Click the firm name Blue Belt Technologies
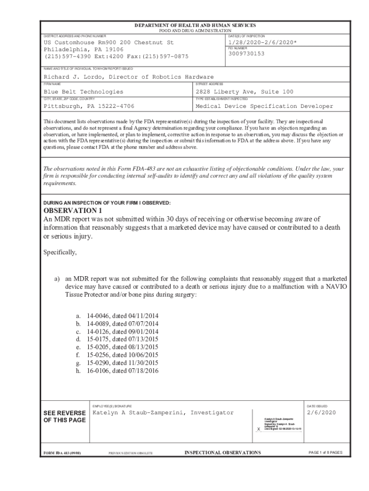(83, 92)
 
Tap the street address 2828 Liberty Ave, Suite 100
(244, 92)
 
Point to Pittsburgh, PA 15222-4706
(89, 106)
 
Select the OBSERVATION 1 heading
(73, 210)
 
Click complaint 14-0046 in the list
(97, 316)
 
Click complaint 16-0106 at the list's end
(97, 371)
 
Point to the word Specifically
(60, 252)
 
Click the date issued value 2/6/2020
(322, 412)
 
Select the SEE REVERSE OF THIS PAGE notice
(65, 417)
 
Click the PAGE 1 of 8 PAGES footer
(325, 453)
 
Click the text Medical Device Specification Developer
(264, 106)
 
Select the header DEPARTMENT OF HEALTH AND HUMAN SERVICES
(195, 25)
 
